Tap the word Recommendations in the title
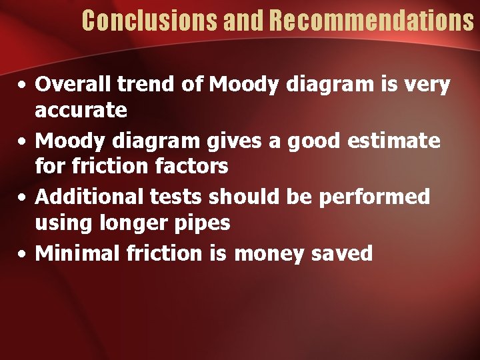pos(372,21)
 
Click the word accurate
pos(81,110)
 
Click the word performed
pos(379,197)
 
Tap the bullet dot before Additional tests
pos(23,198)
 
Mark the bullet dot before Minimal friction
pos(23,254)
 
